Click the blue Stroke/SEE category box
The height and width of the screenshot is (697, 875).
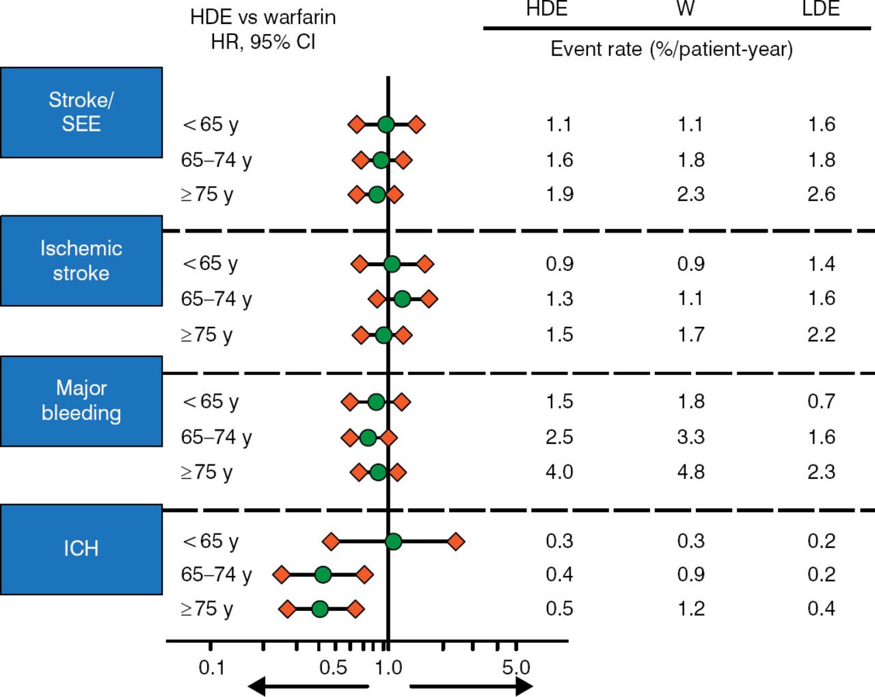(x=81, y=112)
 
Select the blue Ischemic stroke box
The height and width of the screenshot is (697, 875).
(x=81, y=261)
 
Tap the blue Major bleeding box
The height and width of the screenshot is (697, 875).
(x=81, y=401)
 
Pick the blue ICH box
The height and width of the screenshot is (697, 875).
(x=81, y=549)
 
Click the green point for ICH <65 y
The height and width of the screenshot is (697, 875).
(x=393, y=542)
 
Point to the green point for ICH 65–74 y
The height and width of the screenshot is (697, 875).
(x=323, y=575)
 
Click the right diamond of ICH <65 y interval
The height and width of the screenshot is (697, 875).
(x=456, y=542)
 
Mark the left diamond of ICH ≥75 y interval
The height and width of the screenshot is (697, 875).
(x=287, y=609)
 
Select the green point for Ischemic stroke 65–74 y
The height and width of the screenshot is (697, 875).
(x=402, y=299)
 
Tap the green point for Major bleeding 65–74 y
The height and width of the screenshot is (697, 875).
(x=368, y=437)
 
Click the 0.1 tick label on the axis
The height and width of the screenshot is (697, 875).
(x=211, y=668)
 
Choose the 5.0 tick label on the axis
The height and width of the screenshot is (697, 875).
(x=515, y=668)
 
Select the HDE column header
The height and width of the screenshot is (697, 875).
(x=547, y=9)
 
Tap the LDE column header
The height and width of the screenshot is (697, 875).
(x=820, y=9)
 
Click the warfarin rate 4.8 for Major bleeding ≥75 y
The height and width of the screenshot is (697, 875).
(x=690, y=472)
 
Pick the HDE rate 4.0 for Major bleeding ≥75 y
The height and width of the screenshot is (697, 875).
(x=559, y=472)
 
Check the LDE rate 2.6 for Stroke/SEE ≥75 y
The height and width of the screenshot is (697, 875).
(x=821, y=194)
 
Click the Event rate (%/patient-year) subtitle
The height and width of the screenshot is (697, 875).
(x=671, y=49)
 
